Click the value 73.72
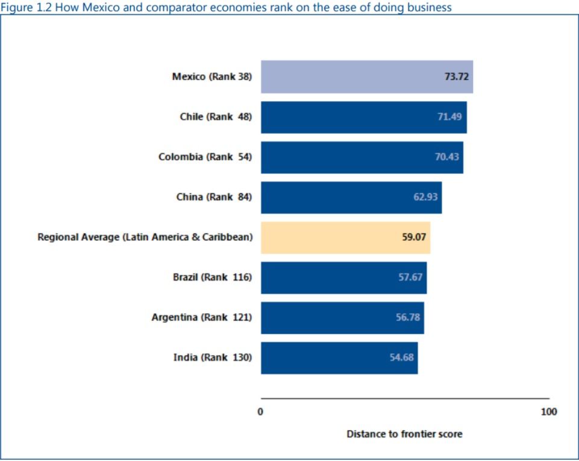(456, 77)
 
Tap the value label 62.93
(425, 197)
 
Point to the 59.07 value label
(414, 237)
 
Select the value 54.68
(401, 357)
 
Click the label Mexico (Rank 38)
(211, 77)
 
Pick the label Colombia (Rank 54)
(205, 157)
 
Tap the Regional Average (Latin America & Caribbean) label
(145, 237)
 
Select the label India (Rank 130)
(212, 357)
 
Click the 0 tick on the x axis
(261, 412)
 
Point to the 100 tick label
(548, 412)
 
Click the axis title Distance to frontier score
(404, 434)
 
